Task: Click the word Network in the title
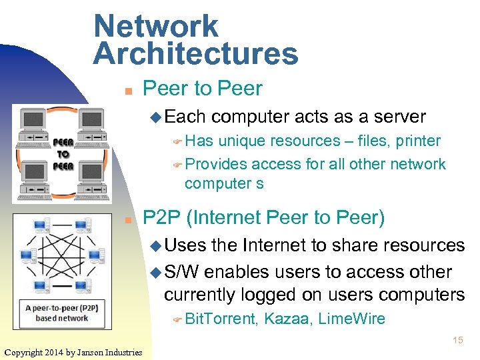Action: point(155,26)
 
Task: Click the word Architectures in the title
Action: point(195,53)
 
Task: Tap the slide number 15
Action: point(457,340)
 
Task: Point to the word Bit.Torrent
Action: point(221,319)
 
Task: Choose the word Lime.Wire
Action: point(351,319)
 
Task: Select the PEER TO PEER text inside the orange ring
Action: point(63,154)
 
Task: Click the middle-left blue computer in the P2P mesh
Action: point(27,255)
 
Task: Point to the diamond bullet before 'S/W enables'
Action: point(156,273)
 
